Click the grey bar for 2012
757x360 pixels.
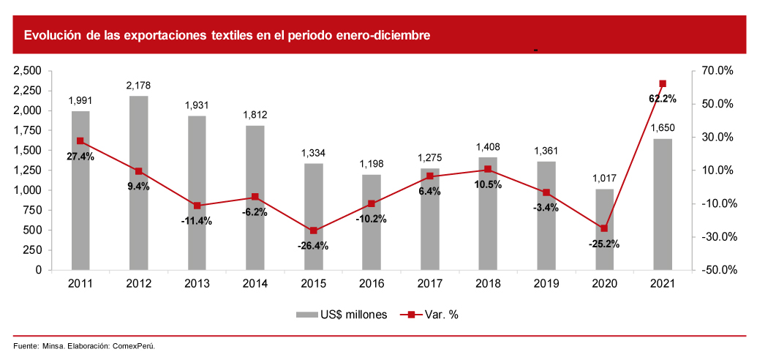tap(138, 183)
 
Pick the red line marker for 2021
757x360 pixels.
tap(663, 83)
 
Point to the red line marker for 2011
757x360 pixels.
tap(80, 141)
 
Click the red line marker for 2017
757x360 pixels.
tap(429, 176)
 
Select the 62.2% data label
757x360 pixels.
tap(663, 98)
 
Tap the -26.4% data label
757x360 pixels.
tap(313, 246)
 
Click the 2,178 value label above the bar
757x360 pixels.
tap(138, 86)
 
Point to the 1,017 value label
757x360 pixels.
tap(604, 179)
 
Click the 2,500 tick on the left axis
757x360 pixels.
tap(29, 71)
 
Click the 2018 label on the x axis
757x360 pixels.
tap(488, 282)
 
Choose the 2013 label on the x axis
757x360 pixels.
tap(197, 282)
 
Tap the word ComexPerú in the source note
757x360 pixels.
tap(134, 346)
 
